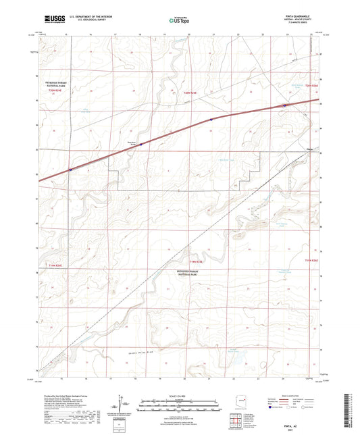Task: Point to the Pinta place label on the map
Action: [311, 151]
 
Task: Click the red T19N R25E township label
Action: [195, 261]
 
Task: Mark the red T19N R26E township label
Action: [310, 259]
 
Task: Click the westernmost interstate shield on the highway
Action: [70, 170]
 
